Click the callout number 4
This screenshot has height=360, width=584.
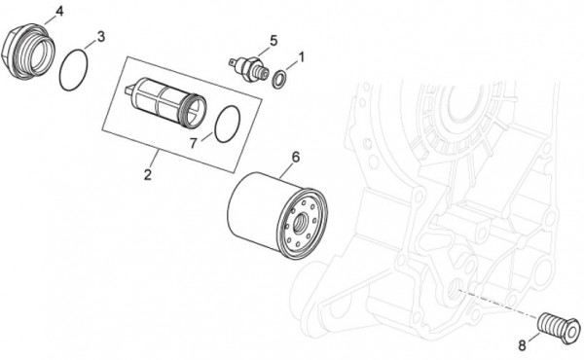pos(58,12)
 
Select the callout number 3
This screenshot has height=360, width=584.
pos(101,37)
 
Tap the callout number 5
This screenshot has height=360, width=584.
pos(274,41)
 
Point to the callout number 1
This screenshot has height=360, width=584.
pos(302,57)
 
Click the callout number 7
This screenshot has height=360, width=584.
pos(193,143)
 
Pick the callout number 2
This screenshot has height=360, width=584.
pos(148,174)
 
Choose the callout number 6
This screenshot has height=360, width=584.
pos(295,157)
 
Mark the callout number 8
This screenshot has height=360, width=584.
pos(522,345)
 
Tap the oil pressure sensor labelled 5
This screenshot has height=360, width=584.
pos(248,67)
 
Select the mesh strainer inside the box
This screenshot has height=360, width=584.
pos(165,102)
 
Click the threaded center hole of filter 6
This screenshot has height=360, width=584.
pos(300,224)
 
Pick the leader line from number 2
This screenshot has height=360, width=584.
pos(155,159)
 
